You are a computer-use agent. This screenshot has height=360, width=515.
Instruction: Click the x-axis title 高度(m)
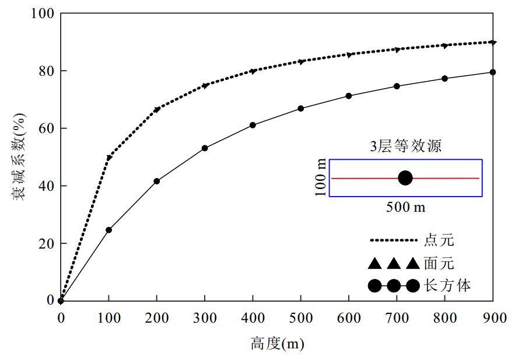277,344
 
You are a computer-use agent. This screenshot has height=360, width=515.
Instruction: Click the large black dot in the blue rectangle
405,178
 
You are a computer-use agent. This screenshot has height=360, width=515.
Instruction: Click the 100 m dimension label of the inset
320,178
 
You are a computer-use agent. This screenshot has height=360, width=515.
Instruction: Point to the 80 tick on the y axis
43,71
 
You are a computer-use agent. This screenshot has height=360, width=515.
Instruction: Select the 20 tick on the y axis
43,243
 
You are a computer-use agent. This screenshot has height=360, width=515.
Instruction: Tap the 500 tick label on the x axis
301,318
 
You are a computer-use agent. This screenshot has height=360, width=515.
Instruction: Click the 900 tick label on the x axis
493,318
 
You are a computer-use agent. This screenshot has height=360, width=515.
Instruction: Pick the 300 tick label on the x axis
205,318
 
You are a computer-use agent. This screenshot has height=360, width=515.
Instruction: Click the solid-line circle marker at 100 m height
108,230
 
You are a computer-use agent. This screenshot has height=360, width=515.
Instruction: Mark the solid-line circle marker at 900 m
493,72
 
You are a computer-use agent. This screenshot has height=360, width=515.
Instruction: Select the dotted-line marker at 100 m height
108,158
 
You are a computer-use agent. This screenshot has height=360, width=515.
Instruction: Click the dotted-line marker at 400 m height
253,71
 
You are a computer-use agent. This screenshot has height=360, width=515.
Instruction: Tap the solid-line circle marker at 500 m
301,109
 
